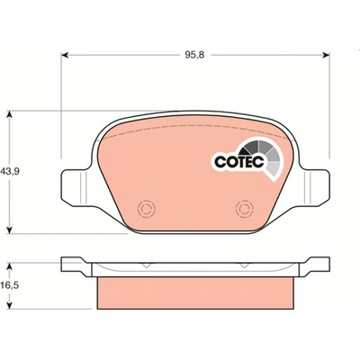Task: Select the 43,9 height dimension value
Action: tap(10, 172)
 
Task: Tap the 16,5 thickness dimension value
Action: tap(10, 285)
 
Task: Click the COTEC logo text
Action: tap(239, 162)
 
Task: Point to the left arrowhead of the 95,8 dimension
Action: tap(66, 55)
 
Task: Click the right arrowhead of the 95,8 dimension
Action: tap(326, 55)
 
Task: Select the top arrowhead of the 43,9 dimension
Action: tap(10, 115)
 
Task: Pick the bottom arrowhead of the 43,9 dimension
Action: tap(10, 229)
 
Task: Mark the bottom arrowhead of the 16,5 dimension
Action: tap(10, 304)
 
